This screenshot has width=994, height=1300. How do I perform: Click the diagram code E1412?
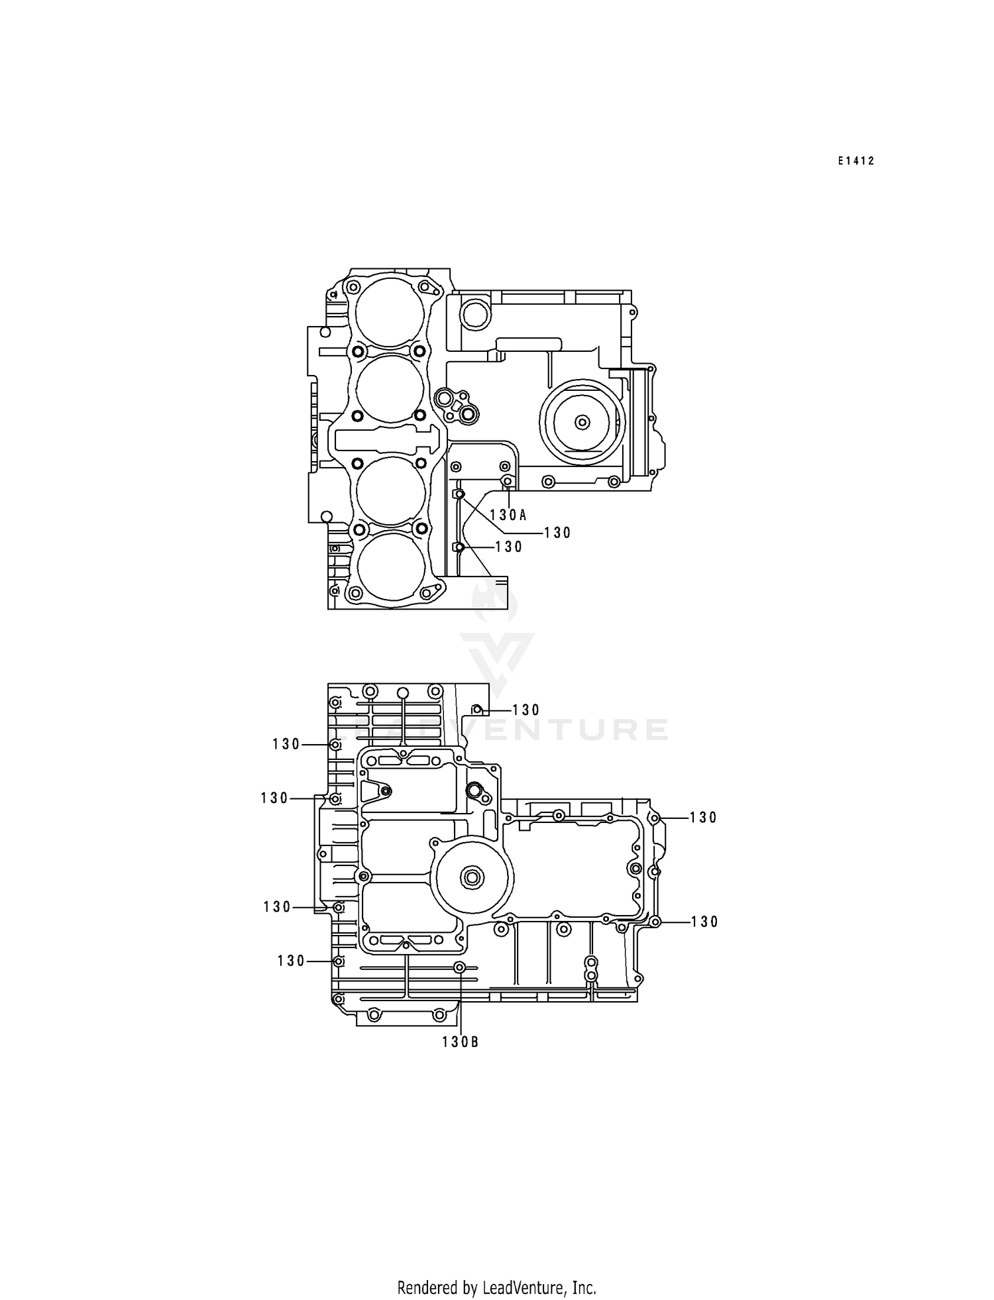(x=856, y=161)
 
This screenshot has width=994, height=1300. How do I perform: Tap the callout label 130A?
(x=508, y=515)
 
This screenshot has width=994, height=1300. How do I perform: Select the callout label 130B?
(x=460, y=1042)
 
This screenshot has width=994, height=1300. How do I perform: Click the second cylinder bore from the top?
(x=390, y=388)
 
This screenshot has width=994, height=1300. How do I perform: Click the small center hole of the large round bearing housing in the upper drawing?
(x=582, y=421)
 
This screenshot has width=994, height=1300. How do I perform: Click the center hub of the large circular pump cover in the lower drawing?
(x=473, y=877)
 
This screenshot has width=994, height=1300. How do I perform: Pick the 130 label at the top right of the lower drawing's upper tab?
(x=526, y=710)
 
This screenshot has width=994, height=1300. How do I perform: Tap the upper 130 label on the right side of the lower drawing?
(x=703, y=818)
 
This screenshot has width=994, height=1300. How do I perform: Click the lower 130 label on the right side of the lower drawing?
(x=704, y=922)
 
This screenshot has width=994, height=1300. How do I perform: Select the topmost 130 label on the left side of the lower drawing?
(x=286, y=745)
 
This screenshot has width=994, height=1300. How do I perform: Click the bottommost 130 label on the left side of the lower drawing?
(x=292, y=961)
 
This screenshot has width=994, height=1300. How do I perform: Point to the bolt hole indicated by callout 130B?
(x=459, y=967)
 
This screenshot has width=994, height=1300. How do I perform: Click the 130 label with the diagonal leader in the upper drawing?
(x=557, y=533)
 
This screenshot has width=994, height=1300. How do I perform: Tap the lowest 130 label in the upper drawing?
(x=509, y=547)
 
